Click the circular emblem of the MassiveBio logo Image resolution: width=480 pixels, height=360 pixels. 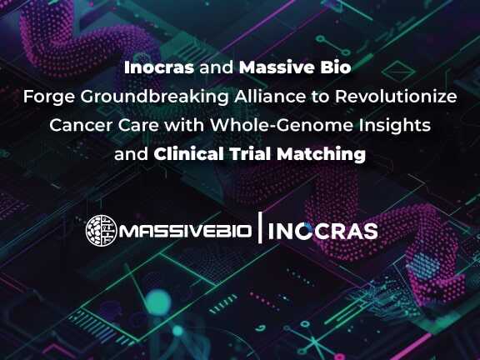point(101,231)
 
